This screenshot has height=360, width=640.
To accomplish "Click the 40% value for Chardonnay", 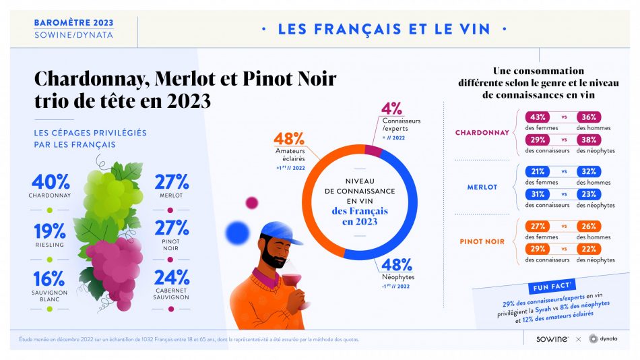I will (x=51, y=181).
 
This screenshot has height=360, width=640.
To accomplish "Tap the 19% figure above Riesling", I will (x=49, y=231).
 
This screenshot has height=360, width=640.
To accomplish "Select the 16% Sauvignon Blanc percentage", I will (x=49, y=278).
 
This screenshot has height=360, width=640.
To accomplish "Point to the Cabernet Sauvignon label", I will (x=171, y=295).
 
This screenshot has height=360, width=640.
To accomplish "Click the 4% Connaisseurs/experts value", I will (x=391, y=109).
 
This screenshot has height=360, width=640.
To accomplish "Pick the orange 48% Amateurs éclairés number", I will (x=288, y=139).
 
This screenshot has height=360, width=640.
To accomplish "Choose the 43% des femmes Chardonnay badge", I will (x=538, y=116).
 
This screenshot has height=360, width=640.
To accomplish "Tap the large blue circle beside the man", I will (x=238, y=233).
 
